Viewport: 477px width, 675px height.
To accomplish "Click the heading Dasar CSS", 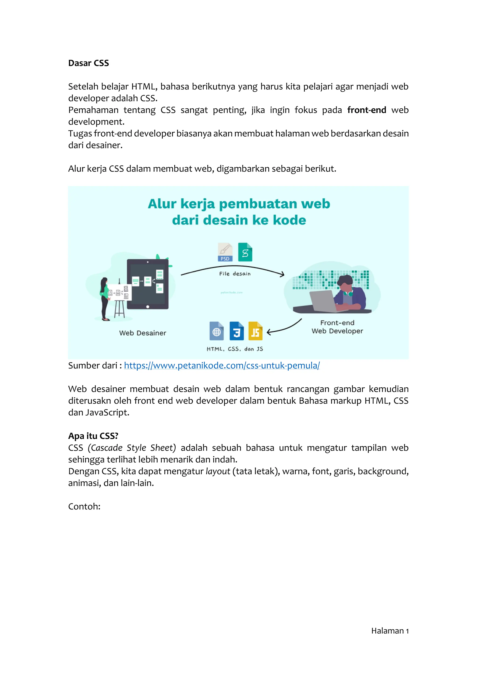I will pos(89,63).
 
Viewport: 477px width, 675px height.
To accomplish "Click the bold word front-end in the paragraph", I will pos(366,110).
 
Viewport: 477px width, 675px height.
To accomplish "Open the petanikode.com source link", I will pos(222,365).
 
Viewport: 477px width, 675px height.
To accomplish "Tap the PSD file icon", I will pos(225,252).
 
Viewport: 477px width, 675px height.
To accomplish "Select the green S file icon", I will pos(245,252).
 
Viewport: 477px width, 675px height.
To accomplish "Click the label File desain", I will pos(235,274).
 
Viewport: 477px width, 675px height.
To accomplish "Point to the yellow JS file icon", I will pos(255,331).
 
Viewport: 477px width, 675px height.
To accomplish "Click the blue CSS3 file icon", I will pos(236,331).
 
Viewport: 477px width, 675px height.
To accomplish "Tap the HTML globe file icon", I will pos(216,331).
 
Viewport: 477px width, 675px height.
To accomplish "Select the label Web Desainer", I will pos(143,333).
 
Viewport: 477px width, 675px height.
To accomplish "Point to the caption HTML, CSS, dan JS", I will pos(235,349).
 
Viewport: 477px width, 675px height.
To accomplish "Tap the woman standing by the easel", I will pos(104,298).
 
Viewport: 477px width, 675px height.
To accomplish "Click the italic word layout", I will pos(218,471).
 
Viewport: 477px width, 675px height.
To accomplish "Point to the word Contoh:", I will pos(84,506).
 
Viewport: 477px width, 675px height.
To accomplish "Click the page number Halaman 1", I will pos(390,631).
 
